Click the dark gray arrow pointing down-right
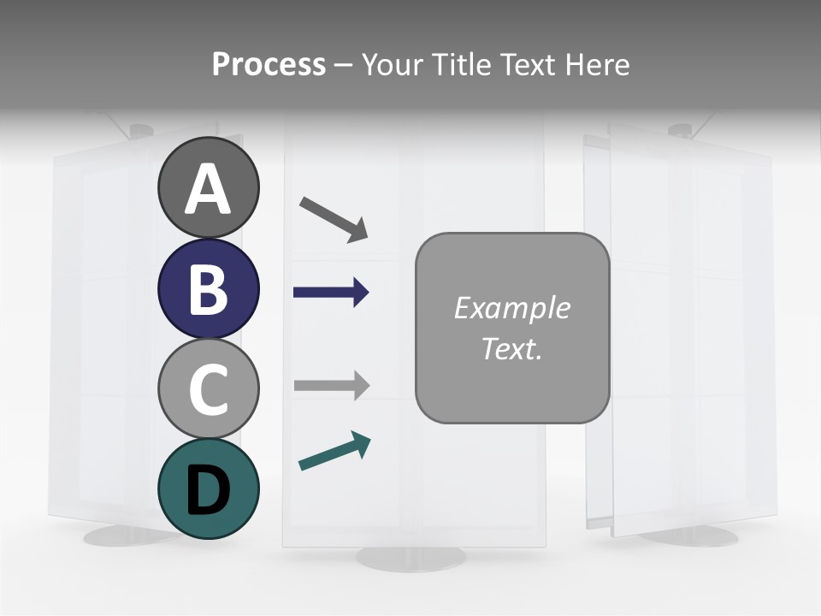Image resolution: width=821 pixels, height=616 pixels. tap(334, 219)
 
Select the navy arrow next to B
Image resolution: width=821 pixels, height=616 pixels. tap(331, 293)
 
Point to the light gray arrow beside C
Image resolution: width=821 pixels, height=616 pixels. tap(331, 385)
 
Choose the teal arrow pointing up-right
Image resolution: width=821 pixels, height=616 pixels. tap(334, 451)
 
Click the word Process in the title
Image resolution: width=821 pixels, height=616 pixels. tap(269, 64)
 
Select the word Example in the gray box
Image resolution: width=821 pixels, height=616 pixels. tap(511, 308)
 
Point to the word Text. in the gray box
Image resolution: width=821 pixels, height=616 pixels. tap(511, 349)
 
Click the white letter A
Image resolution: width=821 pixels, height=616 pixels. tap(208, 190)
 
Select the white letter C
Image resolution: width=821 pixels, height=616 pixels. tap(208, 389)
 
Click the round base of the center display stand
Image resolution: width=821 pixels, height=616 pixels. tap(411, 558)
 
